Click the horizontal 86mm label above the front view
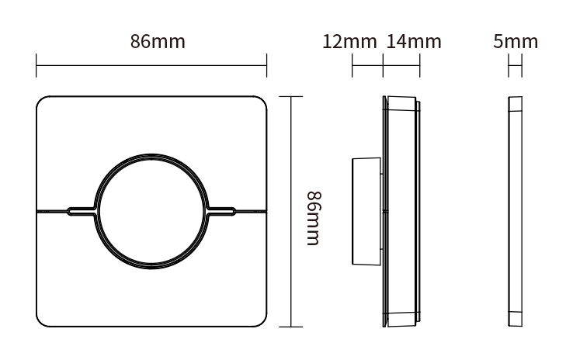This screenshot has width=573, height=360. pyautogui.click(x=158, y=42)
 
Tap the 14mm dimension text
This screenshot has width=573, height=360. pyautogui.click(x=413, y=42)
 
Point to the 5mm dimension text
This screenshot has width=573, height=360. pyautogui.click(x=515, y=42)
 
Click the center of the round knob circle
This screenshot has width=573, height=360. pyautogui.click(x=152, y=210)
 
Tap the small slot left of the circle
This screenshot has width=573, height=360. pyautogui.click(x=81, y=210)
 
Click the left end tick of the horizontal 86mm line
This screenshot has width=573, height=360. pyautogui.click(x=36, y=66)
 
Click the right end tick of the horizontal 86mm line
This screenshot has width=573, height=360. pyautogui.click(x=267, y=66)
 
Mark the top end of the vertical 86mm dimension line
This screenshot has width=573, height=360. pyautogui.click(x=290, y=96)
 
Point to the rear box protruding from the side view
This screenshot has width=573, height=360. pyautogui.click(x=366, y=210)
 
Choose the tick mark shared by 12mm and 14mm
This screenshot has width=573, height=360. pyautogui.click(x=384, y=66)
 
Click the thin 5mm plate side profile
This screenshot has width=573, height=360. pyautogui.click(x=515, y=210)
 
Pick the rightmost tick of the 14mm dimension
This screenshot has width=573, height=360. pyautogui.click(x=420, y=66)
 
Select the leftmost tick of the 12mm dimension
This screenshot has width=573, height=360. pyautogui.click(x=352, y=66)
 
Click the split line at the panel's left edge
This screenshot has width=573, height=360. pyautogui.click(x=38, y=210)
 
